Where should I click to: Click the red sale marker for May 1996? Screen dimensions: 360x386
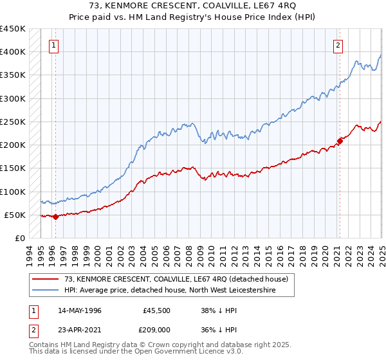[55, 217]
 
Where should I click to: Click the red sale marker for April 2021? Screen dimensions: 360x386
[340, 141]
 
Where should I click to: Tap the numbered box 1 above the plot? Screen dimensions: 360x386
[53, 45]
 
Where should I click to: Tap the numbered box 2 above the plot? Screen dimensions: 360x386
[338, 45]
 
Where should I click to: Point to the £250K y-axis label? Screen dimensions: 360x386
[13, 122]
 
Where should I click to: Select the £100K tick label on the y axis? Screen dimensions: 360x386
[13, 192]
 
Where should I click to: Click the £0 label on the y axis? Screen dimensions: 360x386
[19, 238]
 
